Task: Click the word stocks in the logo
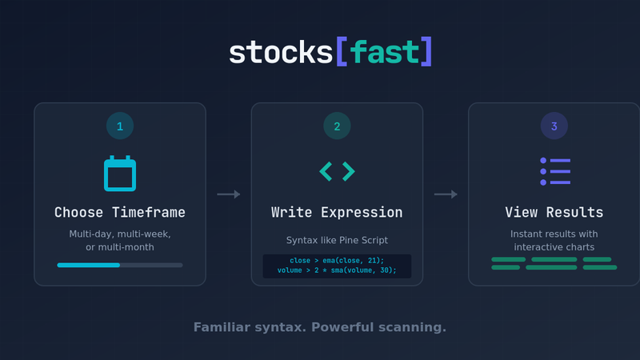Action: pyautogui.click(x=280, y=52)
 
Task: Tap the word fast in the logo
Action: pyautogui.click(x=384, y=52)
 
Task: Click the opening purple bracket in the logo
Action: pyautogui.click(x=341, y=52)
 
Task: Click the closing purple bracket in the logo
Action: pyautogui.click(x=426, y=52)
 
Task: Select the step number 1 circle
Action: pyautogui.click(x=120, y=126)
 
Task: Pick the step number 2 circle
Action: pyautogui.click(x=337, y=126)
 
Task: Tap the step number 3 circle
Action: pyautogui.click(x=554, y=126)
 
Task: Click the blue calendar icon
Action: pyautogui.click(x=120, y=174)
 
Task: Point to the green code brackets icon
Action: pyautogui.click(x=337, y=171)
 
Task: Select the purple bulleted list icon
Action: pyautogui.click(x=554, y=171)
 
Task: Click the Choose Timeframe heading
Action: pyautogui.click(x=120, y=213)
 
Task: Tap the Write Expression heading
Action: pyautogui.click(x=337, y=213)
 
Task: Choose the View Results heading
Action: pyautogui.click(x=554, y=213)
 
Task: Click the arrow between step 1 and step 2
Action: pyautogui.click(x=229, y=194)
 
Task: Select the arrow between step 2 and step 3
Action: pyautogui.click(x=446, y=194)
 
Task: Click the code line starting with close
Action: pyautogui.click(x=337, y=261)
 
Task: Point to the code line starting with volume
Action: pyautogui.click(x=337, y=270)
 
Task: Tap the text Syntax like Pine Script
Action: pyautogui.click(x=337, y=240)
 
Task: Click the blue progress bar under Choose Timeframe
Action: pyautogui.click(x=89, y=265)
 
